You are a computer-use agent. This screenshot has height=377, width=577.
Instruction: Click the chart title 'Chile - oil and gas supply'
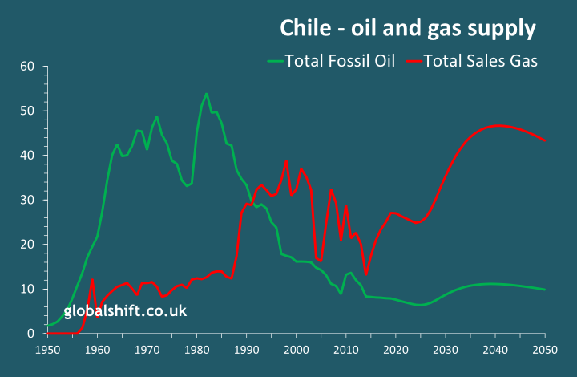point(407,29)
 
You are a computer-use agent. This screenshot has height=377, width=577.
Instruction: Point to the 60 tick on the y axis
point(26,66)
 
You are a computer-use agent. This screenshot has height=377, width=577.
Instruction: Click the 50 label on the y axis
point(26,111)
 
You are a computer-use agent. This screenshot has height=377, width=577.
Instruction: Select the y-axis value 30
point(26,200)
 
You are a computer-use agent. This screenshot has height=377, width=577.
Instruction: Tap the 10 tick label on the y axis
point(26,289)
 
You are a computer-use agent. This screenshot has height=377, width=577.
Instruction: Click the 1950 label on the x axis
point(47,350)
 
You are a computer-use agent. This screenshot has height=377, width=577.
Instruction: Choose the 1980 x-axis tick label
point(196,350)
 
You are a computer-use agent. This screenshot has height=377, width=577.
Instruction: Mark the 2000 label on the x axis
point(297,350)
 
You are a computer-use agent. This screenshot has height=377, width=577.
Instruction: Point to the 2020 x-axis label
point(396,350)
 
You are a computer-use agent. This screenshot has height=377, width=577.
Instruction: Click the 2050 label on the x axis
point(545,350)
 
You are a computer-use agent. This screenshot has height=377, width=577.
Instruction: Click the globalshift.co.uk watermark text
point(125,310)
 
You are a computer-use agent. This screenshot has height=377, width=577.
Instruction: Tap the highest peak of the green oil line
point(207,94)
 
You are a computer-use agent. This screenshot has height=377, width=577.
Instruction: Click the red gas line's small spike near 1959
point(93,279)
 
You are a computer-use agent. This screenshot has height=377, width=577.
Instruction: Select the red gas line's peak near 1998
point(286,160)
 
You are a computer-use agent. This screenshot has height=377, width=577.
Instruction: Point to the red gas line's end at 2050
point(545,140)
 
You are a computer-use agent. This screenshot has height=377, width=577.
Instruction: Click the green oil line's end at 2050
point(545,290)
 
